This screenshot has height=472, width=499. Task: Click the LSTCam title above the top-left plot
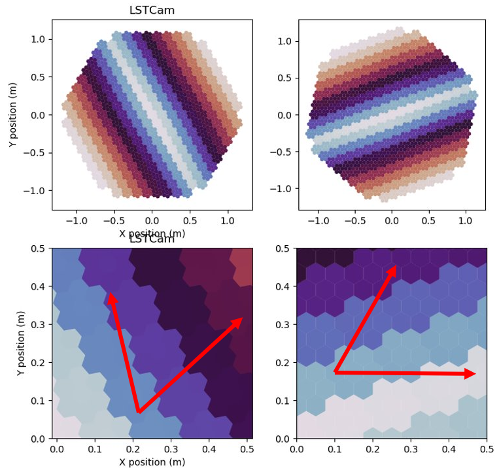coord(152,10)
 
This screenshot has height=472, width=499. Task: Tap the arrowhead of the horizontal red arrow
coord(473,374)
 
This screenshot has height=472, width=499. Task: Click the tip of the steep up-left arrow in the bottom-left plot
coord(111,294)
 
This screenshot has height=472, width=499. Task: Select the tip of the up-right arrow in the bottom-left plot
coord(242,318)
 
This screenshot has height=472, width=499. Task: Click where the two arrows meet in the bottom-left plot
coord(139,413)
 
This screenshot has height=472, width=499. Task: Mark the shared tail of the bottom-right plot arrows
coord(335,372)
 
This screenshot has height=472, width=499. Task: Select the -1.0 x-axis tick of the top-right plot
coord(318,221)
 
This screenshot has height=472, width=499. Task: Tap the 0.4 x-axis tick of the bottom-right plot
coord(449,450)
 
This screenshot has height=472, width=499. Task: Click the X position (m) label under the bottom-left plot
coord(152,462)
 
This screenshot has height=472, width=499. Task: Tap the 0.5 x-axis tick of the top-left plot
coord(190,221)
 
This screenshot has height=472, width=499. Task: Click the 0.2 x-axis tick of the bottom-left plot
coord(133,450)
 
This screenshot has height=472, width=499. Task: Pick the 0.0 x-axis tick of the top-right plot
coord(392,221)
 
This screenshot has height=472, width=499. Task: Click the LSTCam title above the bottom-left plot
coord(152,239)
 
